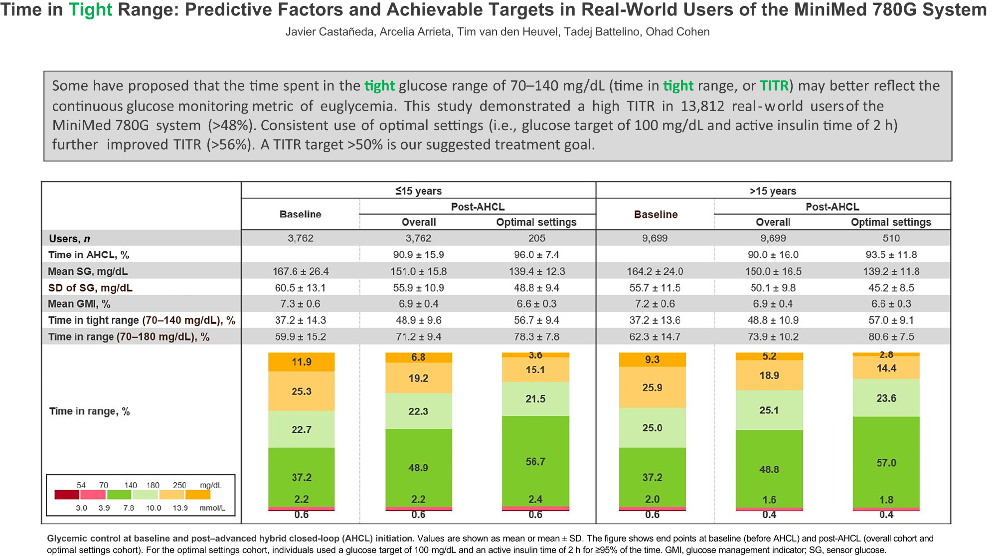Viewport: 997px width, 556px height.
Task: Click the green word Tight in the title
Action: click(x=90, y=9)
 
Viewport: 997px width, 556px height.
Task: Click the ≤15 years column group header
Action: click(x=418, y=191)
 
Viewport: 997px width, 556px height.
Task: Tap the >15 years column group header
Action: click(x=773, y=191)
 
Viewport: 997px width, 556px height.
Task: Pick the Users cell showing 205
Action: click(x=536, y=238)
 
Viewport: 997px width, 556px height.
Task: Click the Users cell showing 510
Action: click(x=891, y=238)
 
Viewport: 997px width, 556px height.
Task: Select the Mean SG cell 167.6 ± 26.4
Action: click(x=301, y=272)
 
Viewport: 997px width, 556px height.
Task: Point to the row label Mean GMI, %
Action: click(x=79, y=304)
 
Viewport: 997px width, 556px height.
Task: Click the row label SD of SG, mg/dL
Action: click(x=90, y=288)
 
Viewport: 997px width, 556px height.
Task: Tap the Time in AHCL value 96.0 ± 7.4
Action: click(x=536, y=255)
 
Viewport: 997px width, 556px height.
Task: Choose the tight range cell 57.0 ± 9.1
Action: click(x=891, y=320)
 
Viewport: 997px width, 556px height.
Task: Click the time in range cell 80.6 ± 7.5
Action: click(x=891, y=337)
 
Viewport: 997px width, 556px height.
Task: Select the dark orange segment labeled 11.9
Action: click(x=301, y=362)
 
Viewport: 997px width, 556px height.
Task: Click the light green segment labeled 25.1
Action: click(x=769, y=410)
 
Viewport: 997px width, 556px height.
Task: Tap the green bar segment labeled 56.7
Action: click(x=535, y=462)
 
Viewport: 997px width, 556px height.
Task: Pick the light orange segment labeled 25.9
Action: click(x=652, y=387)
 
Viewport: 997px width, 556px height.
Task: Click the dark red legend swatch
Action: click(x=67, y=495)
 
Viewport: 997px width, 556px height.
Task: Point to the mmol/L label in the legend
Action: click(x=212, y=508)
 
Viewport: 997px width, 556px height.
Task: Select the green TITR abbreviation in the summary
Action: click(x=774, y=86)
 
